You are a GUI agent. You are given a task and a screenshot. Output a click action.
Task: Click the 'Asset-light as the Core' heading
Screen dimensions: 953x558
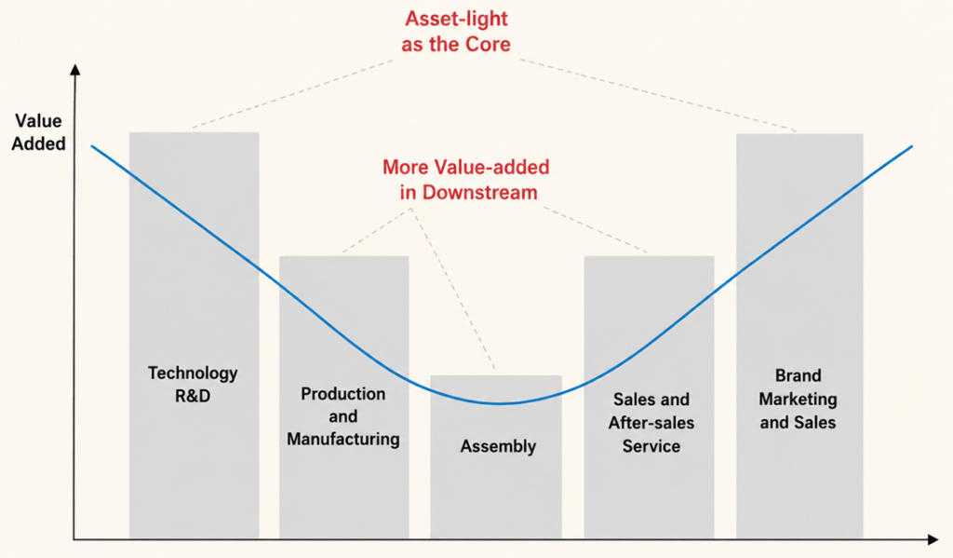click(x=456, y=32)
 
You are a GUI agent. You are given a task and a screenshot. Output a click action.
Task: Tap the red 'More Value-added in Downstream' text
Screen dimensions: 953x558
click(x=466, y=180)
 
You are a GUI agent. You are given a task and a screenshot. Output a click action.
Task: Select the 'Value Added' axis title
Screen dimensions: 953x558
click(x=38, y=132)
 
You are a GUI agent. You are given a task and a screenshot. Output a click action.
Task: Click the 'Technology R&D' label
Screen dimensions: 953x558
click(x=193, y=384)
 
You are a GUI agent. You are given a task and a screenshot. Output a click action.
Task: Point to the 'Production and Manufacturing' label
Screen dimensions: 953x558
click(x=343, y=416)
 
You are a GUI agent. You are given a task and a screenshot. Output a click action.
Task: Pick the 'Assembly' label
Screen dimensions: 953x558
click(x=499, y=446)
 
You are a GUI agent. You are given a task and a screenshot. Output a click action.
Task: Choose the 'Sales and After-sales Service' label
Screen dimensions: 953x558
click(x=651, y=422)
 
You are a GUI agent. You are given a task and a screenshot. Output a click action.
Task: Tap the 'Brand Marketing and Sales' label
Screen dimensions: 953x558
click(x=798, y=399)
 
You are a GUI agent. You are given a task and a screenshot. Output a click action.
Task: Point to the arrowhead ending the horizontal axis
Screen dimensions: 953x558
click(x=933, y=539)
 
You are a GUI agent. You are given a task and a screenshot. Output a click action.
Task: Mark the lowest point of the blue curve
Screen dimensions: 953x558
click(x=500, y=403)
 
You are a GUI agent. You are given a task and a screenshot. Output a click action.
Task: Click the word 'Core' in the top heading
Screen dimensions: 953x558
click(x=488, y=44)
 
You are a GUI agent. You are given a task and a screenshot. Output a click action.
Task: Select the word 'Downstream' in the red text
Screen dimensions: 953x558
click(x=480, y=192)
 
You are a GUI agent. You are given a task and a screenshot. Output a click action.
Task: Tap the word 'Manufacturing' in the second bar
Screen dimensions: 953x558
click(x=343, y=440)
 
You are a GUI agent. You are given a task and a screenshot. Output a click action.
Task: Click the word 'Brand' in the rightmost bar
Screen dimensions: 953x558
click(x=798, y=375)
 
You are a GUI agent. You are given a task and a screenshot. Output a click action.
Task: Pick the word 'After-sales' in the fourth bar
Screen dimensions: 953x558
click(x=651, y=422)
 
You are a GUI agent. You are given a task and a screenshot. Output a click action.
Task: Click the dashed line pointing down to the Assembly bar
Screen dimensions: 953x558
click(x=453, y=289)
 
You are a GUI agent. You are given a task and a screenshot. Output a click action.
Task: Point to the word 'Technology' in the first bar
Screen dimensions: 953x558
click(x=193, y=374)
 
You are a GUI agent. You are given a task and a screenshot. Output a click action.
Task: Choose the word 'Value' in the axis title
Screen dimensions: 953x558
click(x=38, y=120)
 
